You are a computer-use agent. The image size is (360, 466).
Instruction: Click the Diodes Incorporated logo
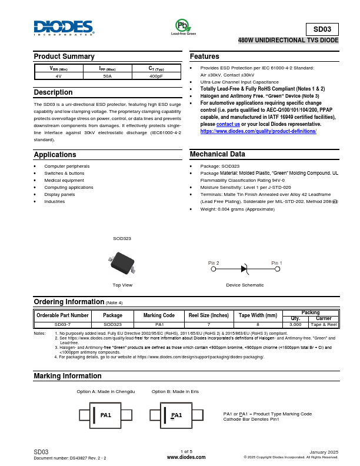coord(64,28)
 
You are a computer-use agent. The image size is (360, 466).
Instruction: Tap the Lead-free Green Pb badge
coord(183,26)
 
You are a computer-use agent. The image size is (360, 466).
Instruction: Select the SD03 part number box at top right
coord(322,29)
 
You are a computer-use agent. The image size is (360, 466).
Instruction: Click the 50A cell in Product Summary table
coord(107,76)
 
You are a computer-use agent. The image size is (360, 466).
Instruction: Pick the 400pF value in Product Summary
coord(156,76)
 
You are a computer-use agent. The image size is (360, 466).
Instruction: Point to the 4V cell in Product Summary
coord(58,76)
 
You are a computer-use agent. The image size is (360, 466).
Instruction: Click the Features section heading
coord(205,56)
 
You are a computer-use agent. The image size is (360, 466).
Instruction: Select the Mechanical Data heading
coord(217,154)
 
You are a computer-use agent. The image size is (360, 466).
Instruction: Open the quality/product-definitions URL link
coord(258,131)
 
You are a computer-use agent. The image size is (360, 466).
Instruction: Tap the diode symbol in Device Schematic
coord(244,268)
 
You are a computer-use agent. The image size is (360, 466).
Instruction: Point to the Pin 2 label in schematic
coord(214,262)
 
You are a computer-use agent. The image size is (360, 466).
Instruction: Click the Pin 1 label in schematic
coord(276,262)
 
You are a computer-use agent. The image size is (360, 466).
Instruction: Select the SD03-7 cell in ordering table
coord(62,324)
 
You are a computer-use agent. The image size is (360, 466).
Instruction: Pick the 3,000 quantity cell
coord(295,324)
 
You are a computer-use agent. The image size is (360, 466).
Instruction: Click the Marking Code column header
coord(159,315)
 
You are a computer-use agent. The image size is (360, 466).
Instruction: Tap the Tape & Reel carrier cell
coord(324,324)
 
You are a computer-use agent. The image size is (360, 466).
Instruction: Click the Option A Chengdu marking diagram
coord(106,415)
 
